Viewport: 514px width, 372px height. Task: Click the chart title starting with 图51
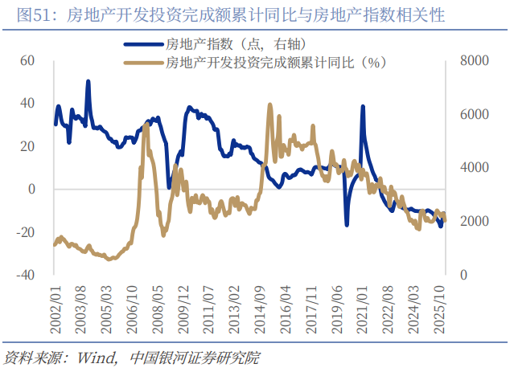224,15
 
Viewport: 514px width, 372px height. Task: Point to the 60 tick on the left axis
28,60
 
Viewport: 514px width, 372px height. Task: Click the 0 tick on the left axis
32,189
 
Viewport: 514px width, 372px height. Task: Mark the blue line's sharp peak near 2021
364,107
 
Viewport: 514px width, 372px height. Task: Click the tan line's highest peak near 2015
269,104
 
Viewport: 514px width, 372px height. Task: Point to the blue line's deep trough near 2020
347,224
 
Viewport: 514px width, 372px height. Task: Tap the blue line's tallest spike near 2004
88,81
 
